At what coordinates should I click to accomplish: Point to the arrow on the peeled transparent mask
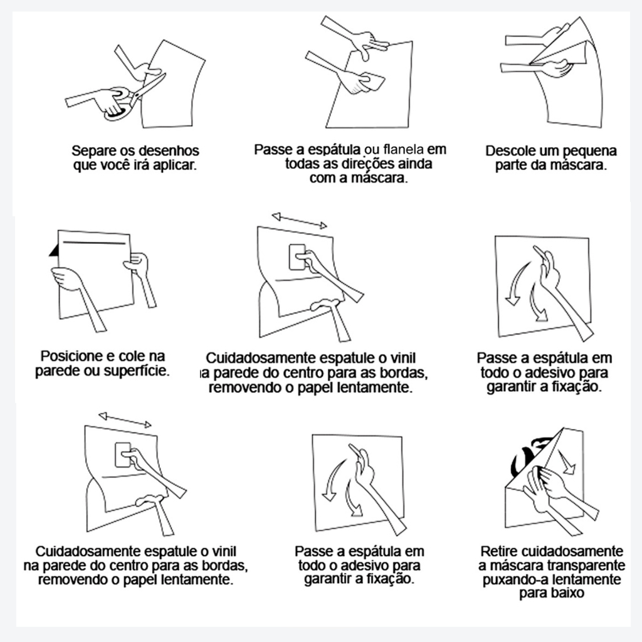[x=568, y=463]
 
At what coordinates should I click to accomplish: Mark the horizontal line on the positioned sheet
[x=94, y=243]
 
